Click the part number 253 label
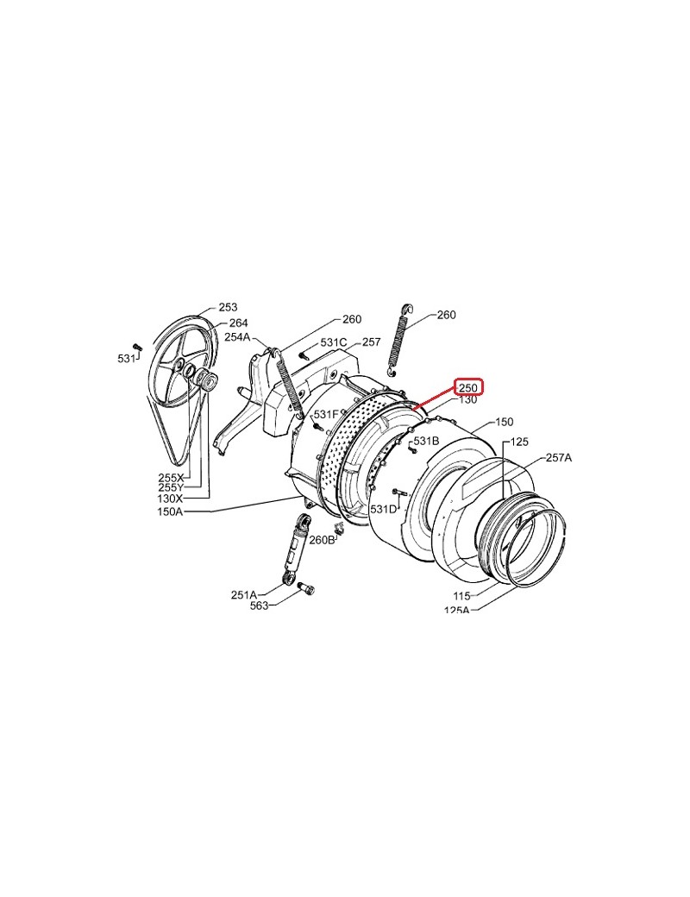tap(228, 307)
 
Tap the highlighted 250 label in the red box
tap(468, 387)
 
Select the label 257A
tap(559, 458)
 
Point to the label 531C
tap(334, 342)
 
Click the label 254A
tap(237, 337)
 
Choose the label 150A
tap(170, 511)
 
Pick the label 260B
tap(322, 539)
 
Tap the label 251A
tap(244, 594)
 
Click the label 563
tap(259, 605)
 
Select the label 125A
tap(456, 610)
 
